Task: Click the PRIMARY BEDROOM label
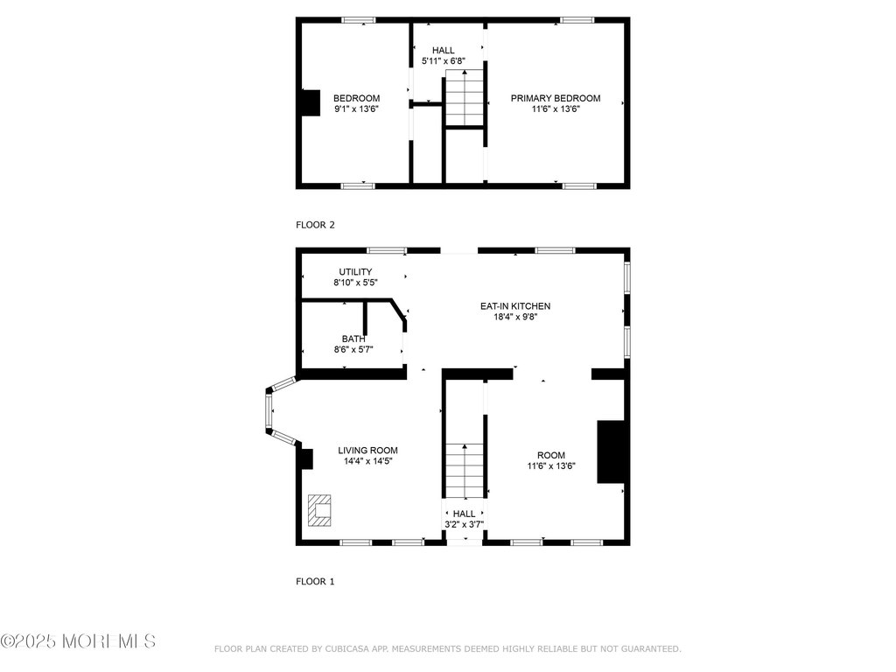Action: click(x=555, y=98)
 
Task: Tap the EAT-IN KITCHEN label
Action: click(x=514, y=306)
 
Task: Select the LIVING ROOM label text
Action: click(x=367, y=451)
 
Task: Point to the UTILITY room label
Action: click(x=355, y=272)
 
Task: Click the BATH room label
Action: click(x=353, y=339)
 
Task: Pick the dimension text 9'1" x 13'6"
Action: click(x=357, y=109)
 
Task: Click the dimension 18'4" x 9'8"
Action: click(x=515, y=317)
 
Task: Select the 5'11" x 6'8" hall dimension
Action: click(x=444, y=61)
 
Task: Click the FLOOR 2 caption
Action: click(x=315, y=225)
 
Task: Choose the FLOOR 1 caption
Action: click(x=315, y=582)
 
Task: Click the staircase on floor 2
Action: click(x=465, y=98)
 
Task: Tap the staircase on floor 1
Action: click(x=465, y=471)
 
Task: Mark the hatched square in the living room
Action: click(x=319, y=510)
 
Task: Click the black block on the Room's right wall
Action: click(x=610, y=452)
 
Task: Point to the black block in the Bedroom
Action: click(x=311, y=103)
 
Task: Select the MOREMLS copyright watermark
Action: click(x=78, y=641)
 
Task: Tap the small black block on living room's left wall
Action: click(x=307, y=459)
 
